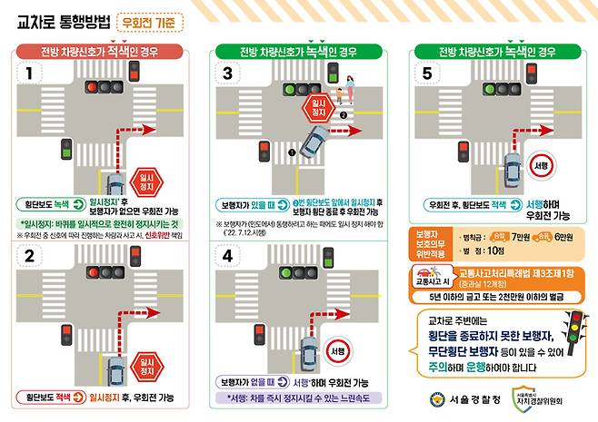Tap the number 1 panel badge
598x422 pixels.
29,71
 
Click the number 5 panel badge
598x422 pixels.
428,71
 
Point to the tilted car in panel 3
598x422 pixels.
314,141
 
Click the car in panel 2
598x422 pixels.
115,368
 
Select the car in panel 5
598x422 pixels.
513,170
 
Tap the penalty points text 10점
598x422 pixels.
494,250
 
